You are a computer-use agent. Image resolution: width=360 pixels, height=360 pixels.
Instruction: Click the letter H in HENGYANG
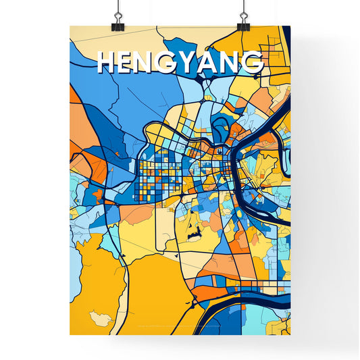click(108, 62)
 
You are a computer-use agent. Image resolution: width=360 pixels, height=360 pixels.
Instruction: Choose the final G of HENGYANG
click(253, 62)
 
